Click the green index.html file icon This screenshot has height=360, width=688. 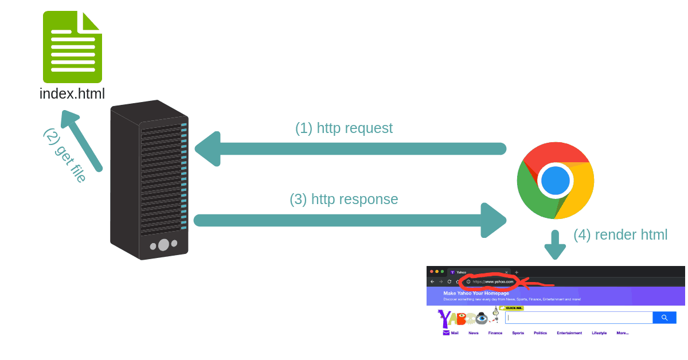(x=72, y=47)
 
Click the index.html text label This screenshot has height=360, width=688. (x=72, y=93)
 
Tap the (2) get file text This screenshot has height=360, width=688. (x=65, y=155)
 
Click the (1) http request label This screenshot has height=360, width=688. (x=343, y=128)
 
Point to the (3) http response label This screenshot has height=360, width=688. (x=343, y=199)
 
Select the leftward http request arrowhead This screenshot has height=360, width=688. (x=208, y=149)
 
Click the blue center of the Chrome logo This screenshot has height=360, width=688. (x=555, y=181)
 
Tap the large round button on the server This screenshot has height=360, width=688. (x=163, y=245)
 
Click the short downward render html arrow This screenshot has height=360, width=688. (x=555, y=245)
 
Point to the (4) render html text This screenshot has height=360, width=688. (x=620, y=235)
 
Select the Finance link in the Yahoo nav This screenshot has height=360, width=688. (x=495, y=332)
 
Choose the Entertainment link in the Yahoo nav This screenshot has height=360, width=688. (x=569, y=332)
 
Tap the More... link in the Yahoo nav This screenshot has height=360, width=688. (x=622, y=332)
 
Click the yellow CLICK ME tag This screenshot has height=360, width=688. (x=514, y=308)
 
